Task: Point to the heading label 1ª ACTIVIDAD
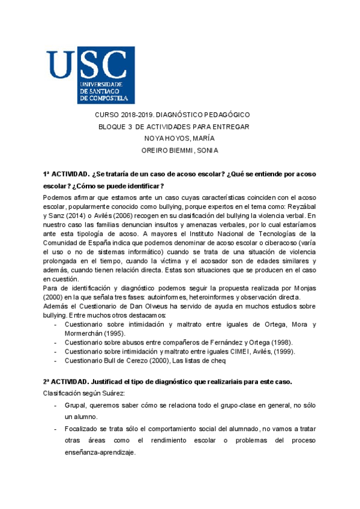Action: click(65, 173)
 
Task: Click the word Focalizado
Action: click(83, 429)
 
